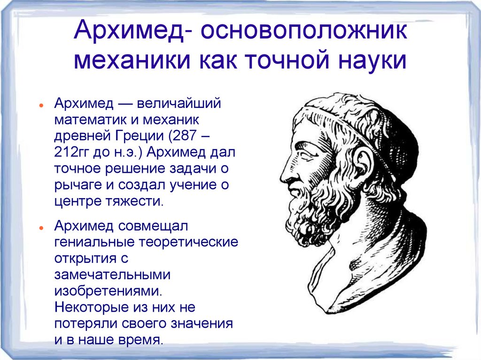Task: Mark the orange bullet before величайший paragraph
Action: tap(42, 104)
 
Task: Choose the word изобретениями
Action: tap(108, 291)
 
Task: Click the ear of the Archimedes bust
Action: tap(362, 164)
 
